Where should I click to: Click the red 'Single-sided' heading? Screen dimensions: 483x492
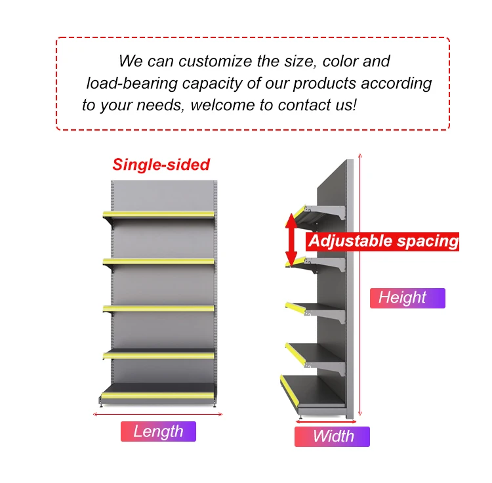tap(161, 165)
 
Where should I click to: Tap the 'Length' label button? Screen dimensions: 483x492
tap(158, 431)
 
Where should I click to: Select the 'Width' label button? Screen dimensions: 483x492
tap(332, 436)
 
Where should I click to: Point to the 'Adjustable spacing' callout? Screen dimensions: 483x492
tap(383, 241)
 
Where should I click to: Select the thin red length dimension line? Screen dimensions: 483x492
tap(157, 414)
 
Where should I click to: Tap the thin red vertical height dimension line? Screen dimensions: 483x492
tap(360, 286)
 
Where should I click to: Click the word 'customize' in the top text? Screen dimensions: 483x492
tap(216, 62)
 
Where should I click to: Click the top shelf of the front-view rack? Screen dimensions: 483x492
tap(159, 215)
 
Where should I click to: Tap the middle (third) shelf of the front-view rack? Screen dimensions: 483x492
tap(159, 307)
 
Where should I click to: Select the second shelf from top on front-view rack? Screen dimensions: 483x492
tap(159, 261)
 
